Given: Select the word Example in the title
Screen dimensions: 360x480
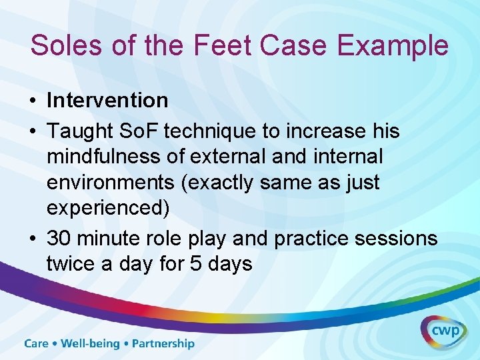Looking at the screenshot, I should [393, 45].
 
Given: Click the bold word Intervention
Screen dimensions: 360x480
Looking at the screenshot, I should [107, 101].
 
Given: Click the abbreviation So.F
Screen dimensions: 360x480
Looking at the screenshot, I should [140, 131].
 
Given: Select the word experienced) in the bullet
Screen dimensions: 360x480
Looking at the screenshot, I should [108, 209].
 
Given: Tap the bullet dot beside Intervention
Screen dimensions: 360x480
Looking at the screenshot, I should [33, 101].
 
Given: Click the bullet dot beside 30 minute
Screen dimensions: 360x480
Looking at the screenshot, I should [33, 239].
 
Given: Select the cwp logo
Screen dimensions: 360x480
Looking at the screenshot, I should [443, 331].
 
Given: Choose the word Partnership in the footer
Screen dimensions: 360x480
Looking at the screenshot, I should [163, 344].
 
